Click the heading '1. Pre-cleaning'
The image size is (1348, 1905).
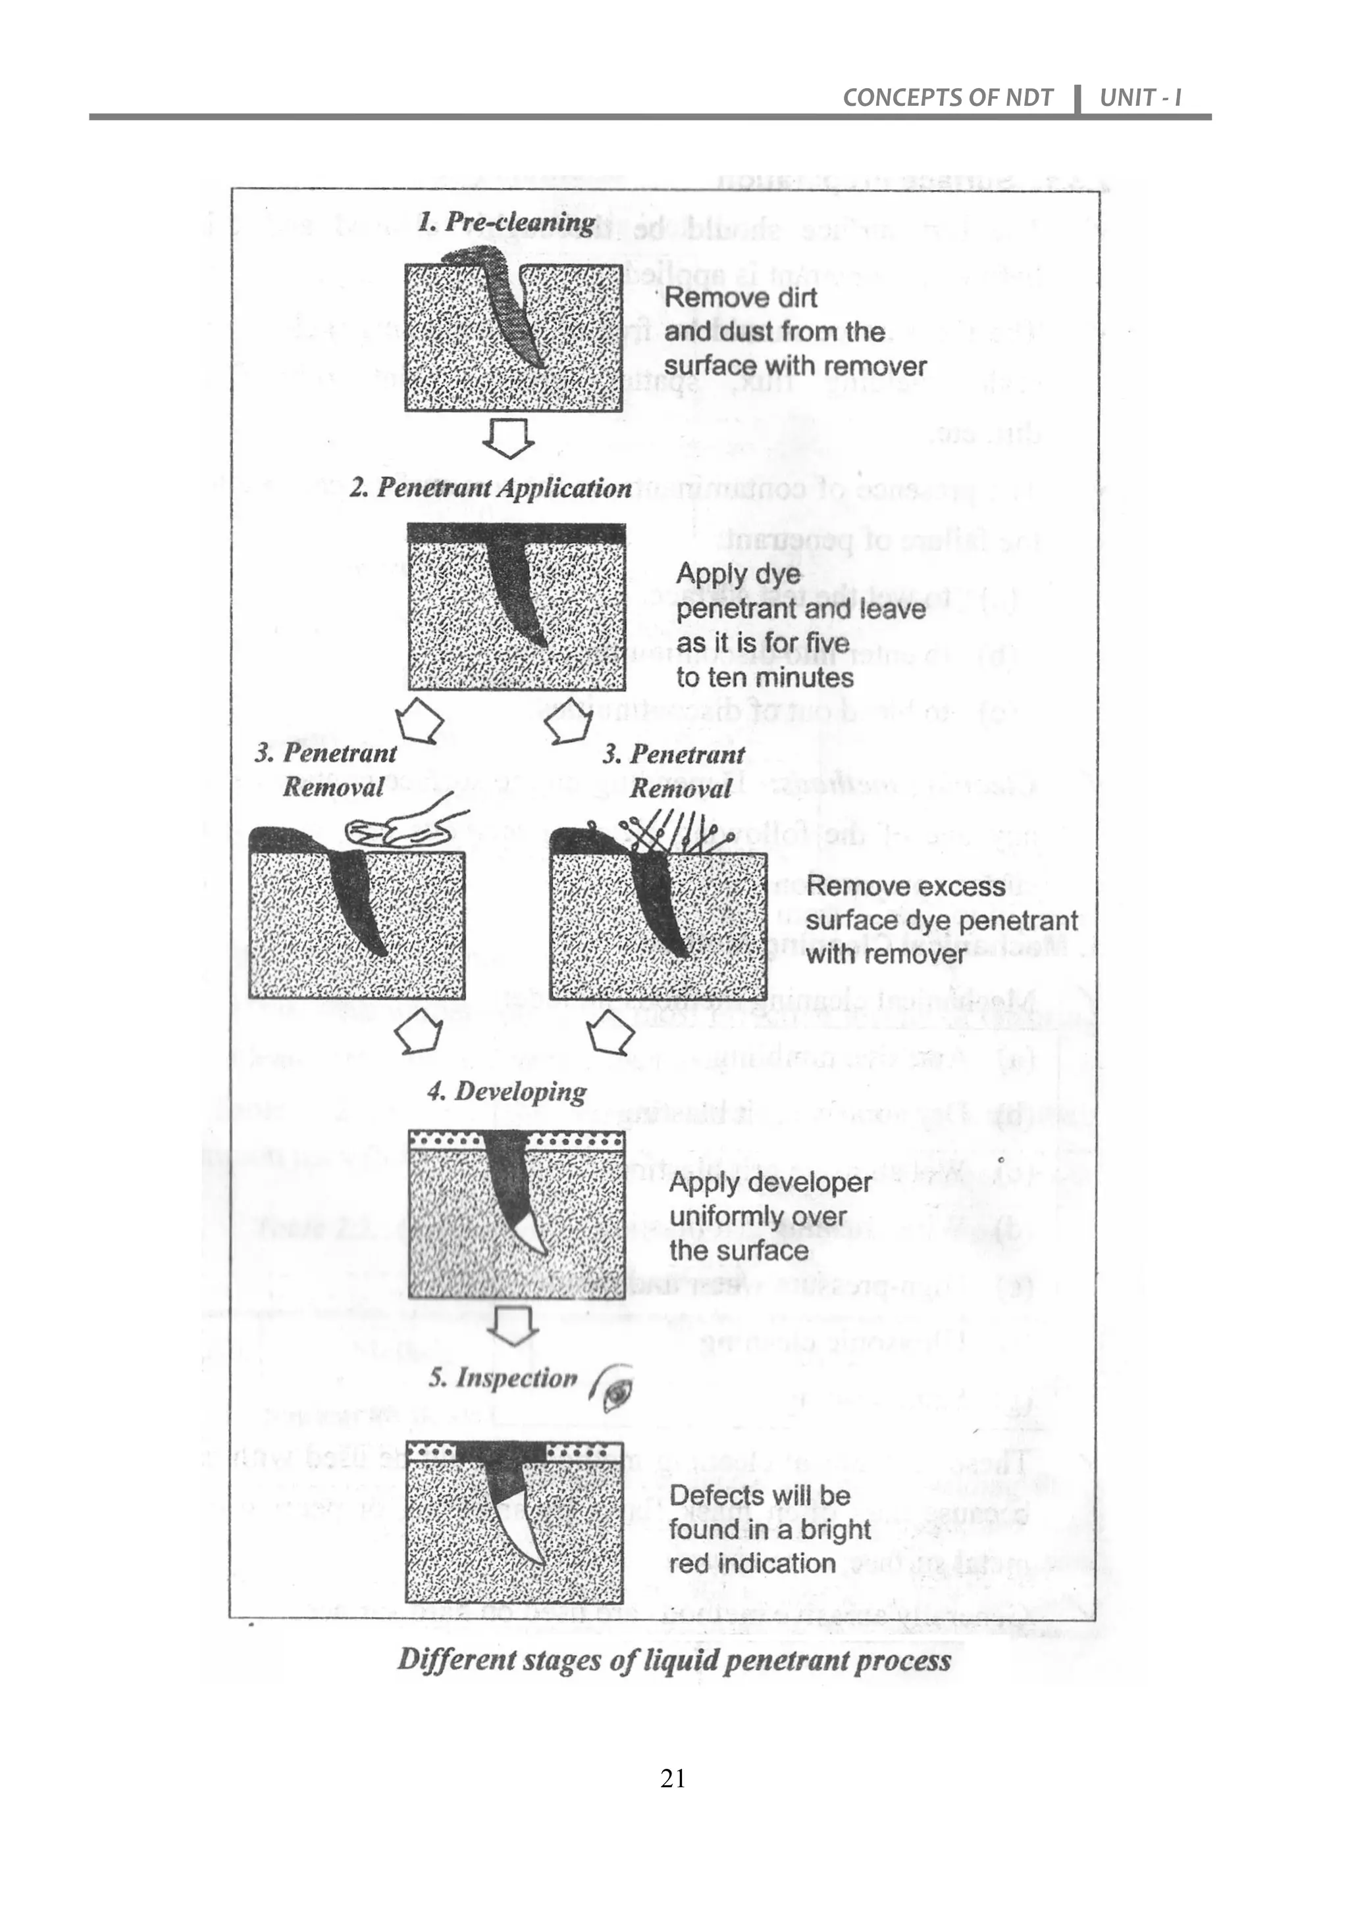505,222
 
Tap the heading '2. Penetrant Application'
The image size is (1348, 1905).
490,488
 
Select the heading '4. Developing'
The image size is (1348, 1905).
506,1091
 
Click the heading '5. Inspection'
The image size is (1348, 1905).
502,1378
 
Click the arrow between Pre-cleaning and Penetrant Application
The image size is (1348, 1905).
508,438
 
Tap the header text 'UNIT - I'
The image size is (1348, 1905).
1139,98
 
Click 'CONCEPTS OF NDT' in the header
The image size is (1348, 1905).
947,98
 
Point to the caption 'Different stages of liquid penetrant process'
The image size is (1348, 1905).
674,1660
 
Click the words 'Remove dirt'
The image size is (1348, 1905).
740,298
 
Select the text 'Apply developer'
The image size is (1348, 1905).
769,1182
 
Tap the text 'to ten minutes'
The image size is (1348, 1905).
764,678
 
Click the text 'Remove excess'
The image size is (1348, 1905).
905,886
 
